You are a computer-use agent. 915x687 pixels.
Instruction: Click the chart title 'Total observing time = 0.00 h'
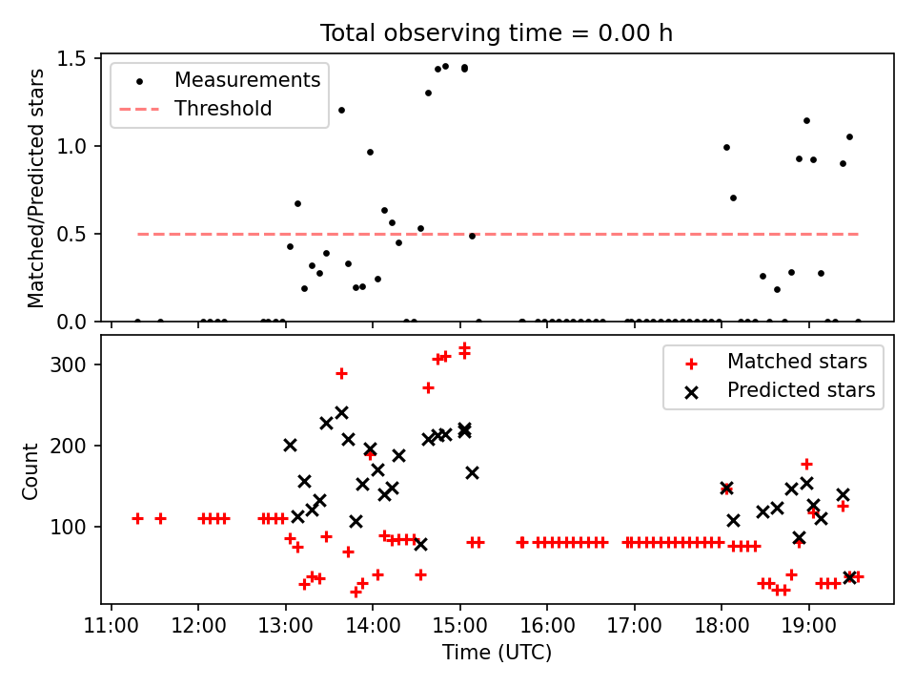tap(497, 32)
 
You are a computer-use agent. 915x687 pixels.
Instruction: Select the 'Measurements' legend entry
tap(247, 80)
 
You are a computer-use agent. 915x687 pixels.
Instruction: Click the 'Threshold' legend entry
tap(223, 109)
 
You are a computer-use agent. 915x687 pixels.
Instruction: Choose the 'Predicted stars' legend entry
tap(801, 390)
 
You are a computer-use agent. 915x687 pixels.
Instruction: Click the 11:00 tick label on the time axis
tap(112, 625)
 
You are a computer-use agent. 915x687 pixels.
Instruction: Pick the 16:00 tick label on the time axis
tap(547, 625)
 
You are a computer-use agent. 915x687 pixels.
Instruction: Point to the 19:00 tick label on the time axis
tap(808, 625)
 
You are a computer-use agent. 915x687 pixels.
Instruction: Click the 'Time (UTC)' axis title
tap(497, 653)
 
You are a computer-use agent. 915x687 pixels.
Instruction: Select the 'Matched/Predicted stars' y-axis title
tap(36, 188)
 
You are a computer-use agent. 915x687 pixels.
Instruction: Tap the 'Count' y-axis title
tap(31, 470)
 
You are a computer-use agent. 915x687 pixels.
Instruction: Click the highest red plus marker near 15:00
tap(464, 348)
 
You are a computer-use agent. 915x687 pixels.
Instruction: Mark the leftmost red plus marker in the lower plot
tap(137, 518)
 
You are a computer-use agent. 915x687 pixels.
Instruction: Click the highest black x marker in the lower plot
tap(341, 413)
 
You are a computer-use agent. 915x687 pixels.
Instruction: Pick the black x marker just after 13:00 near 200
tap(290, 445)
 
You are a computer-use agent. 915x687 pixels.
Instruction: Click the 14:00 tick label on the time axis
tap(373, 625)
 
